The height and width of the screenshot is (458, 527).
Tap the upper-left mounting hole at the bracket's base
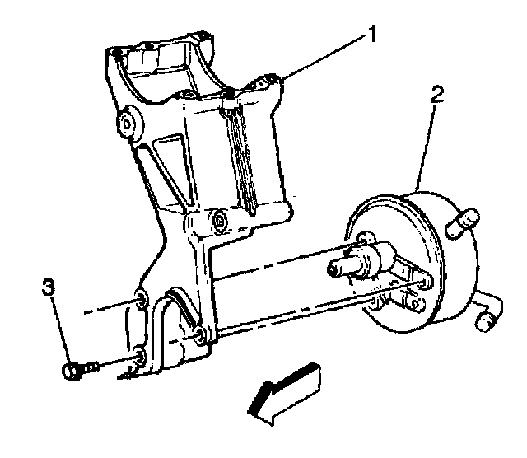tap(142, 297)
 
